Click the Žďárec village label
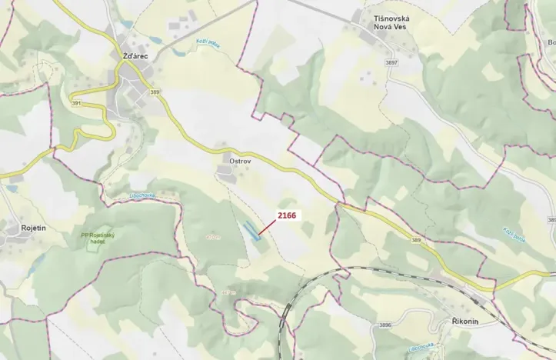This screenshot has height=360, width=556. (134, 56)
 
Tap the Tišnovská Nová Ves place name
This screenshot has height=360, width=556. (385, 22)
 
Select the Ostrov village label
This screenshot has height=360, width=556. (240, 161)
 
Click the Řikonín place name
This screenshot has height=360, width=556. (466, 322)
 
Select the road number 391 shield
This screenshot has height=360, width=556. (76, 102)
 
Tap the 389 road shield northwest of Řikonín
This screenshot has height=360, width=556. (416, 240)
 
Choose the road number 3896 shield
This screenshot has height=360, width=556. (385, 325)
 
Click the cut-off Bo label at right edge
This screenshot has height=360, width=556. (551, 42)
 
